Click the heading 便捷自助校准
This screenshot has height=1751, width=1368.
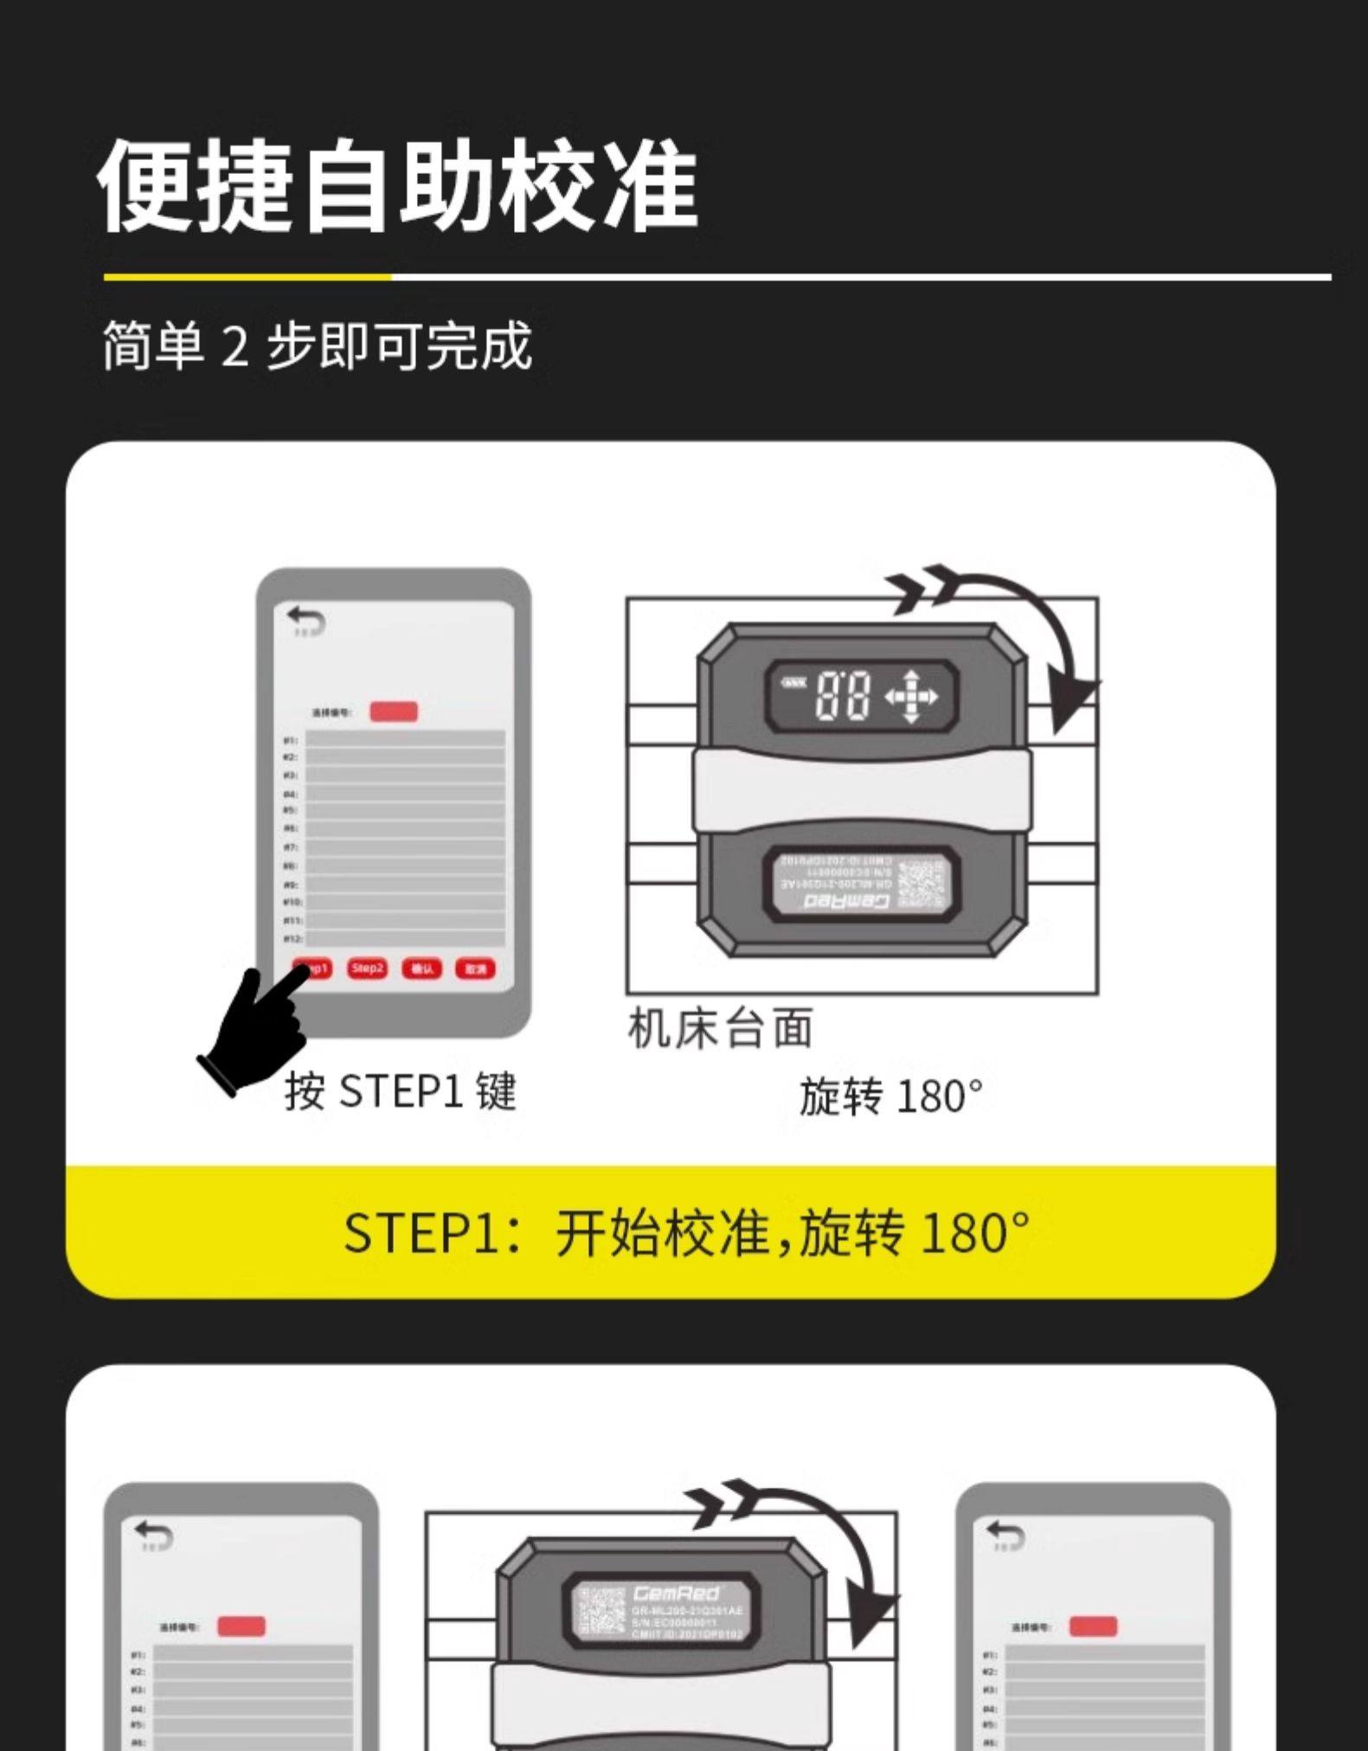click(397, 185)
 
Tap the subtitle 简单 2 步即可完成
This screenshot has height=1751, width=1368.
click(317, 345)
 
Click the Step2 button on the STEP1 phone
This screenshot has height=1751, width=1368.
click(367, 968)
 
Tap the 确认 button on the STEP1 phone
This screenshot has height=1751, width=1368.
click(421, 969)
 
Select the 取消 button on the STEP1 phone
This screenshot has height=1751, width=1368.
click(475, 969)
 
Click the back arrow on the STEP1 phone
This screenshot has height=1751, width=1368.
click(306, 620)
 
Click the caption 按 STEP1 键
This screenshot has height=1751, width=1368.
click(401, 1091)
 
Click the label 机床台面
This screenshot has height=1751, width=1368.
click(720, 1028)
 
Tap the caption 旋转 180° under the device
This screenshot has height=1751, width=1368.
click(891, 1097)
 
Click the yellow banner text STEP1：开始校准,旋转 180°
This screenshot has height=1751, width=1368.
click(687, 1233)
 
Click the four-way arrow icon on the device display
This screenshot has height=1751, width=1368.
click(910, 694)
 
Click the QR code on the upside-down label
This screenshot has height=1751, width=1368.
click(922, 883)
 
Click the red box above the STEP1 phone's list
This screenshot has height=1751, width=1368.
click(394, 711)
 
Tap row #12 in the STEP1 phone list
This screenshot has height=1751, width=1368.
click(405, 938)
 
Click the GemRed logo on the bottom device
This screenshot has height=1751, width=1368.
click(676, 1593)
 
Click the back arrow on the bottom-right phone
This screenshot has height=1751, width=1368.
click(1005, 1534)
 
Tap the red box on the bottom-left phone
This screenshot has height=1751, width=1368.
click(241, 1626)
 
